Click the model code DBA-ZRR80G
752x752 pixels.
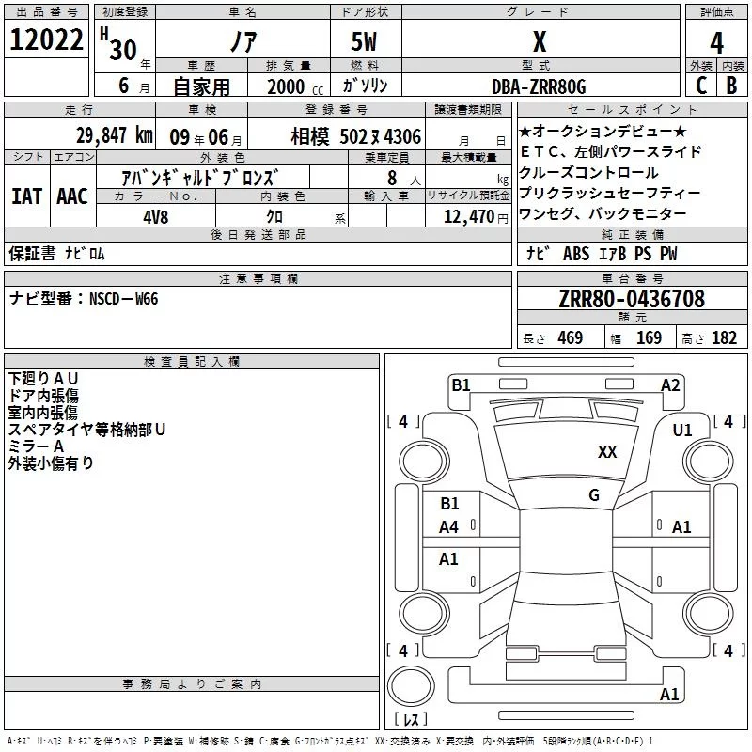[539, 86]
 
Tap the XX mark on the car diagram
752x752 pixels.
[607, 452]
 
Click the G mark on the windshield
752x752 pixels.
[594, 495]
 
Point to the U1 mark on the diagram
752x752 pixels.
[682, 431]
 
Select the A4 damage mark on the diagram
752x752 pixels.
[449, 527]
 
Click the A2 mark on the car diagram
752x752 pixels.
[670, 384]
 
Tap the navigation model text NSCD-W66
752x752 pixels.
[124, 299]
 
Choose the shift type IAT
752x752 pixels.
[27, 196]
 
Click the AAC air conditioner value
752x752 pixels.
[72, 196]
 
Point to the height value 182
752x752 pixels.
[724, 338]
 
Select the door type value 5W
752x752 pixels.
[366, 42]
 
